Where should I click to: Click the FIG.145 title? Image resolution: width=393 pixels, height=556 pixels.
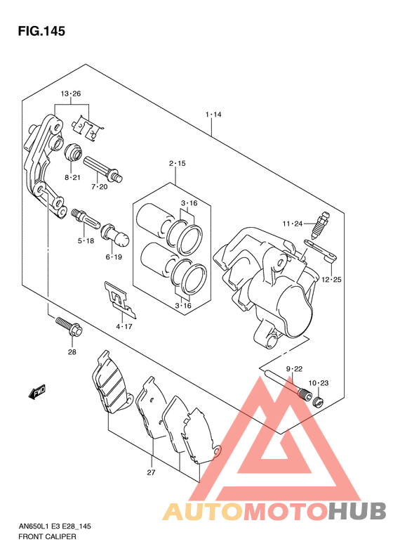pyautogui.click(x=41, y=31)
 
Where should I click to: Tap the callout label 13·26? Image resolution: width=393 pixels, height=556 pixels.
pyautogui.click(x=70, y=94)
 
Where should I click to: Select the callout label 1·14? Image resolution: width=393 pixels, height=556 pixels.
pyautogui.click(x=213, y=115)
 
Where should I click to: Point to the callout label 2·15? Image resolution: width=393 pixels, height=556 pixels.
pyautogui.click(x=177, y=164)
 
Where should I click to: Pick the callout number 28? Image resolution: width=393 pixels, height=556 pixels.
pyautogui.click(x=72, y=352)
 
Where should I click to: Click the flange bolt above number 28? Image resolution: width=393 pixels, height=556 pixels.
pyautogui.click(x=69, y=327)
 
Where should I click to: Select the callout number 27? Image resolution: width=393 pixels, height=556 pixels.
pyautogui.click(x=151, y=472)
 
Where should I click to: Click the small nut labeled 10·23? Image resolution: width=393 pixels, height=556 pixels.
pyautogui.click(x=319, y=402)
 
